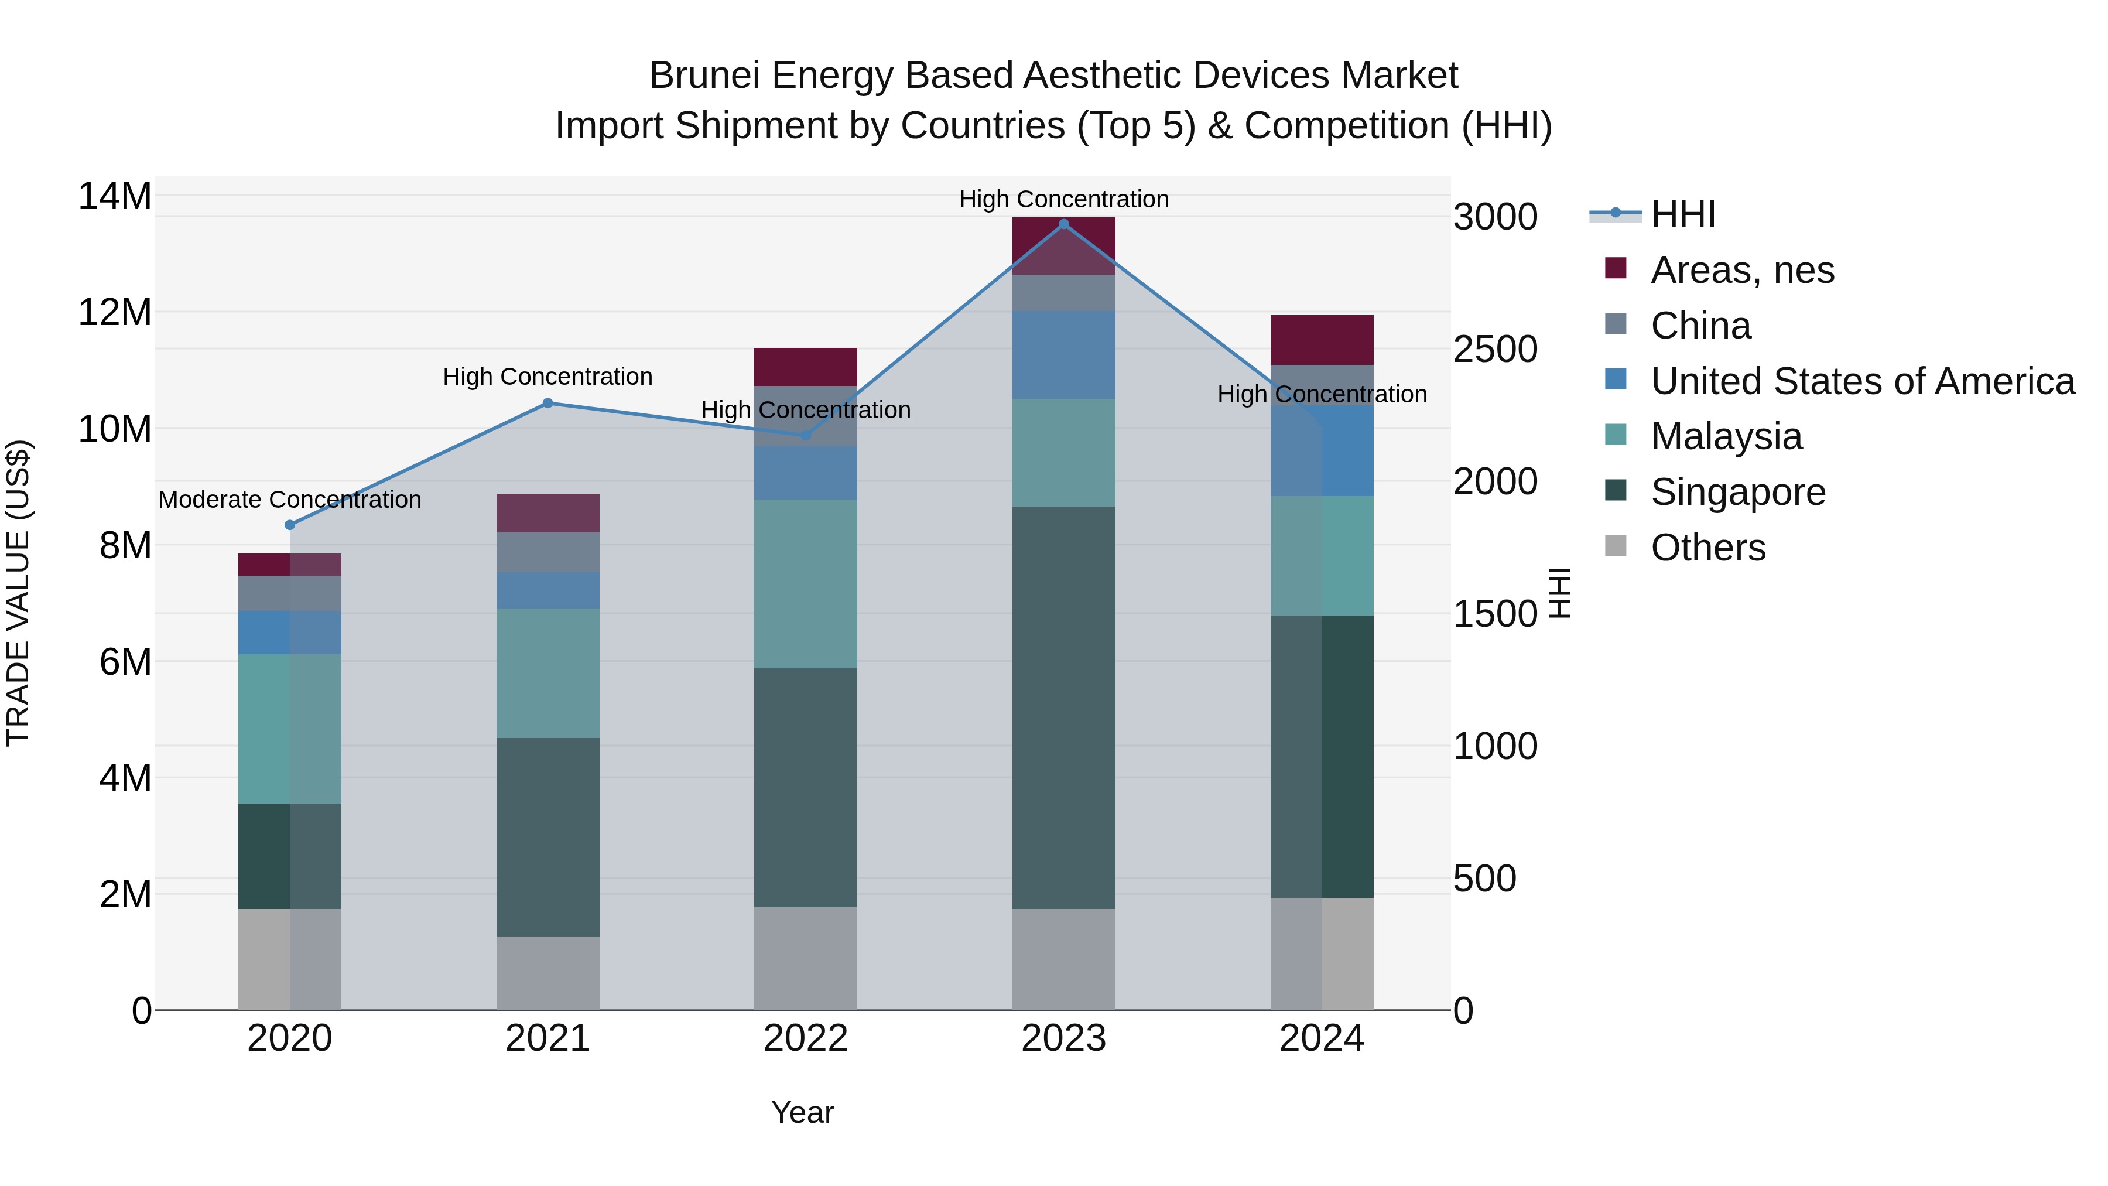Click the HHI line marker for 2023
1064,224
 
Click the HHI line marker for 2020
290,525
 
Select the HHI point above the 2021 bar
548,403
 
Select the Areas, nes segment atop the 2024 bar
1322,340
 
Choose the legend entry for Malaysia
1726,436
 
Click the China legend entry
1700,326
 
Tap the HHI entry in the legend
1682,214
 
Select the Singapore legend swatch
1616,491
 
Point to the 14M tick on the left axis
115,196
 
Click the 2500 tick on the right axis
1495,350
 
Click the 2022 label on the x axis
805,1038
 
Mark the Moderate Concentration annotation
290,499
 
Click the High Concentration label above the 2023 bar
1064,199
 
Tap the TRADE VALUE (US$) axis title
18,593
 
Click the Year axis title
802,1112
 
